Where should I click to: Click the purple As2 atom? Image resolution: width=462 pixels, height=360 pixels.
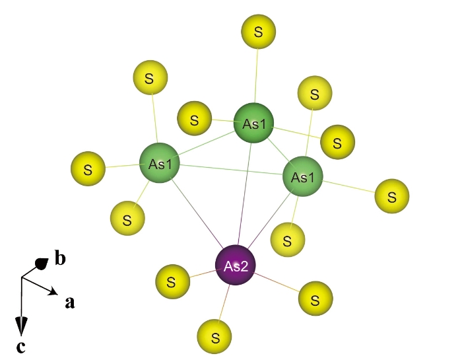236,265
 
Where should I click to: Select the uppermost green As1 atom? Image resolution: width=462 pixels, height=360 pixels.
253,123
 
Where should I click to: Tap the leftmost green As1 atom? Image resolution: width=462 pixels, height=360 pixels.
160,163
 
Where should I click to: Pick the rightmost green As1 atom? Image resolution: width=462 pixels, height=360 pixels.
302,176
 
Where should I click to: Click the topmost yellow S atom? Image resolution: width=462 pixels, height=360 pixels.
259,32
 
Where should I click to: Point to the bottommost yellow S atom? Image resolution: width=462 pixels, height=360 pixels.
214,336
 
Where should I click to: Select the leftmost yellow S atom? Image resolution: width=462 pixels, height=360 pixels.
88,168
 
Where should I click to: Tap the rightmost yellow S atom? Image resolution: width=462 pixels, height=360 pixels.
392,196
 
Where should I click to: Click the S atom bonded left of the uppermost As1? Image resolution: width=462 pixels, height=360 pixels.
194,118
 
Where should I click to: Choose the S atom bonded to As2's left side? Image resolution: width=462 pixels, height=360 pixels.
173,281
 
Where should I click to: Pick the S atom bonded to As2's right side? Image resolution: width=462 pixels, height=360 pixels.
315,299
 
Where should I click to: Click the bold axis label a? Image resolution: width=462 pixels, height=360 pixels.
70,303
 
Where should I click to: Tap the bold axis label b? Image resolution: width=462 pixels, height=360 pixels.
61,258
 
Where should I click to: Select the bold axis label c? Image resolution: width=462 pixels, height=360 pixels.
20,347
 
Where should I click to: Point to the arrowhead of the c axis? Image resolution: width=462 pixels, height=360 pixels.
21,326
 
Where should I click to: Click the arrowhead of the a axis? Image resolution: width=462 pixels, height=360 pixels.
53,291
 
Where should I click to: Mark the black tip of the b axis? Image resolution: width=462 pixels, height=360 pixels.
42,264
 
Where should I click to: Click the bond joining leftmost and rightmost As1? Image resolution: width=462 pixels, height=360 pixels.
231,170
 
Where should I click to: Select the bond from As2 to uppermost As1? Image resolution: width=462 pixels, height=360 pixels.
245,194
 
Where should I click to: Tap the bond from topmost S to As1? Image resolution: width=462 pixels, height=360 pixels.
256,76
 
